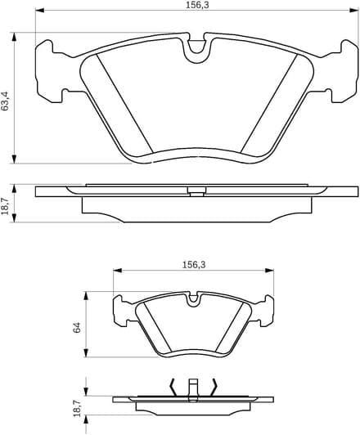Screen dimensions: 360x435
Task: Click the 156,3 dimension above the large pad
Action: [x=197, y=5]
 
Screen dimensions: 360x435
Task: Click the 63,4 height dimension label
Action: [x=5, y=101]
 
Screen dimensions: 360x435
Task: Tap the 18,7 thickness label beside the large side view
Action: [x=5, y=205]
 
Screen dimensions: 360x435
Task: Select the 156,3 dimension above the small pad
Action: [x=194, y=265]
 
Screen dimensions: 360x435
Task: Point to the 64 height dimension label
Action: [x=77, y=327]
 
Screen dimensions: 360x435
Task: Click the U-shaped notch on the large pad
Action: [x=197, y=52]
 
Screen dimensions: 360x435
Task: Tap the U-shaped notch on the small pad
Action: [x=193, y=299]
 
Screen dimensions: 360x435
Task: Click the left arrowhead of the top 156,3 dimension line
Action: [x=40, y=11]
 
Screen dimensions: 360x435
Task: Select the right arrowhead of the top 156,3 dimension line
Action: [x=353, y=11]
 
